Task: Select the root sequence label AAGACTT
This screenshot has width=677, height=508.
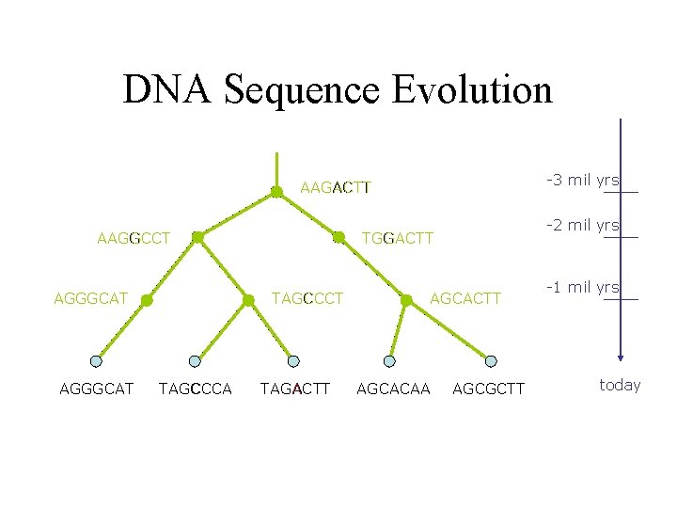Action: click(336, 187)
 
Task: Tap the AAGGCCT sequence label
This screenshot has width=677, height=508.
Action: click(134, 238)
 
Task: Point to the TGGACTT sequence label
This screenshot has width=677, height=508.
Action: click(398, 238)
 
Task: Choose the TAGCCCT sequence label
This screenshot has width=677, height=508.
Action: click(307, 299)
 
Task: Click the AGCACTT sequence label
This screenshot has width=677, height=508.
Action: click(466, 299)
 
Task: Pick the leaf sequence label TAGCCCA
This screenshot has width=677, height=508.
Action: click(196, 389)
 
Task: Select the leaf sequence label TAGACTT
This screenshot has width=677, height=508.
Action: click(295, 389)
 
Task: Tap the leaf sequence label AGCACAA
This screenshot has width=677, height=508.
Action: click(394, 389)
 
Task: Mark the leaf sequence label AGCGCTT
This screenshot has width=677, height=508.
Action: click(489, 389)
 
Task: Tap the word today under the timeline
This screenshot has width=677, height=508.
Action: click(620, 385)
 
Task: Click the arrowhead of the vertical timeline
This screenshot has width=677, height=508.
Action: click(621, 357)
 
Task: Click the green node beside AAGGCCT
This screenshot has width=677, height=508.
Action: click(197, 238)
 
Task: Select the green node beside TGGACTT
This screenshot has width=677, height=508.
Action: click(338, 238)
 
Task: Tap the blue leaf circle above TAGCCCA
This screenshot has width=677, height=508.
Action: click(195, 360)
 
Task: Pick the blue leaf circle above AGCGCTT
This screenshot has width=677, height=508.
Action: click(491, 360)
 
